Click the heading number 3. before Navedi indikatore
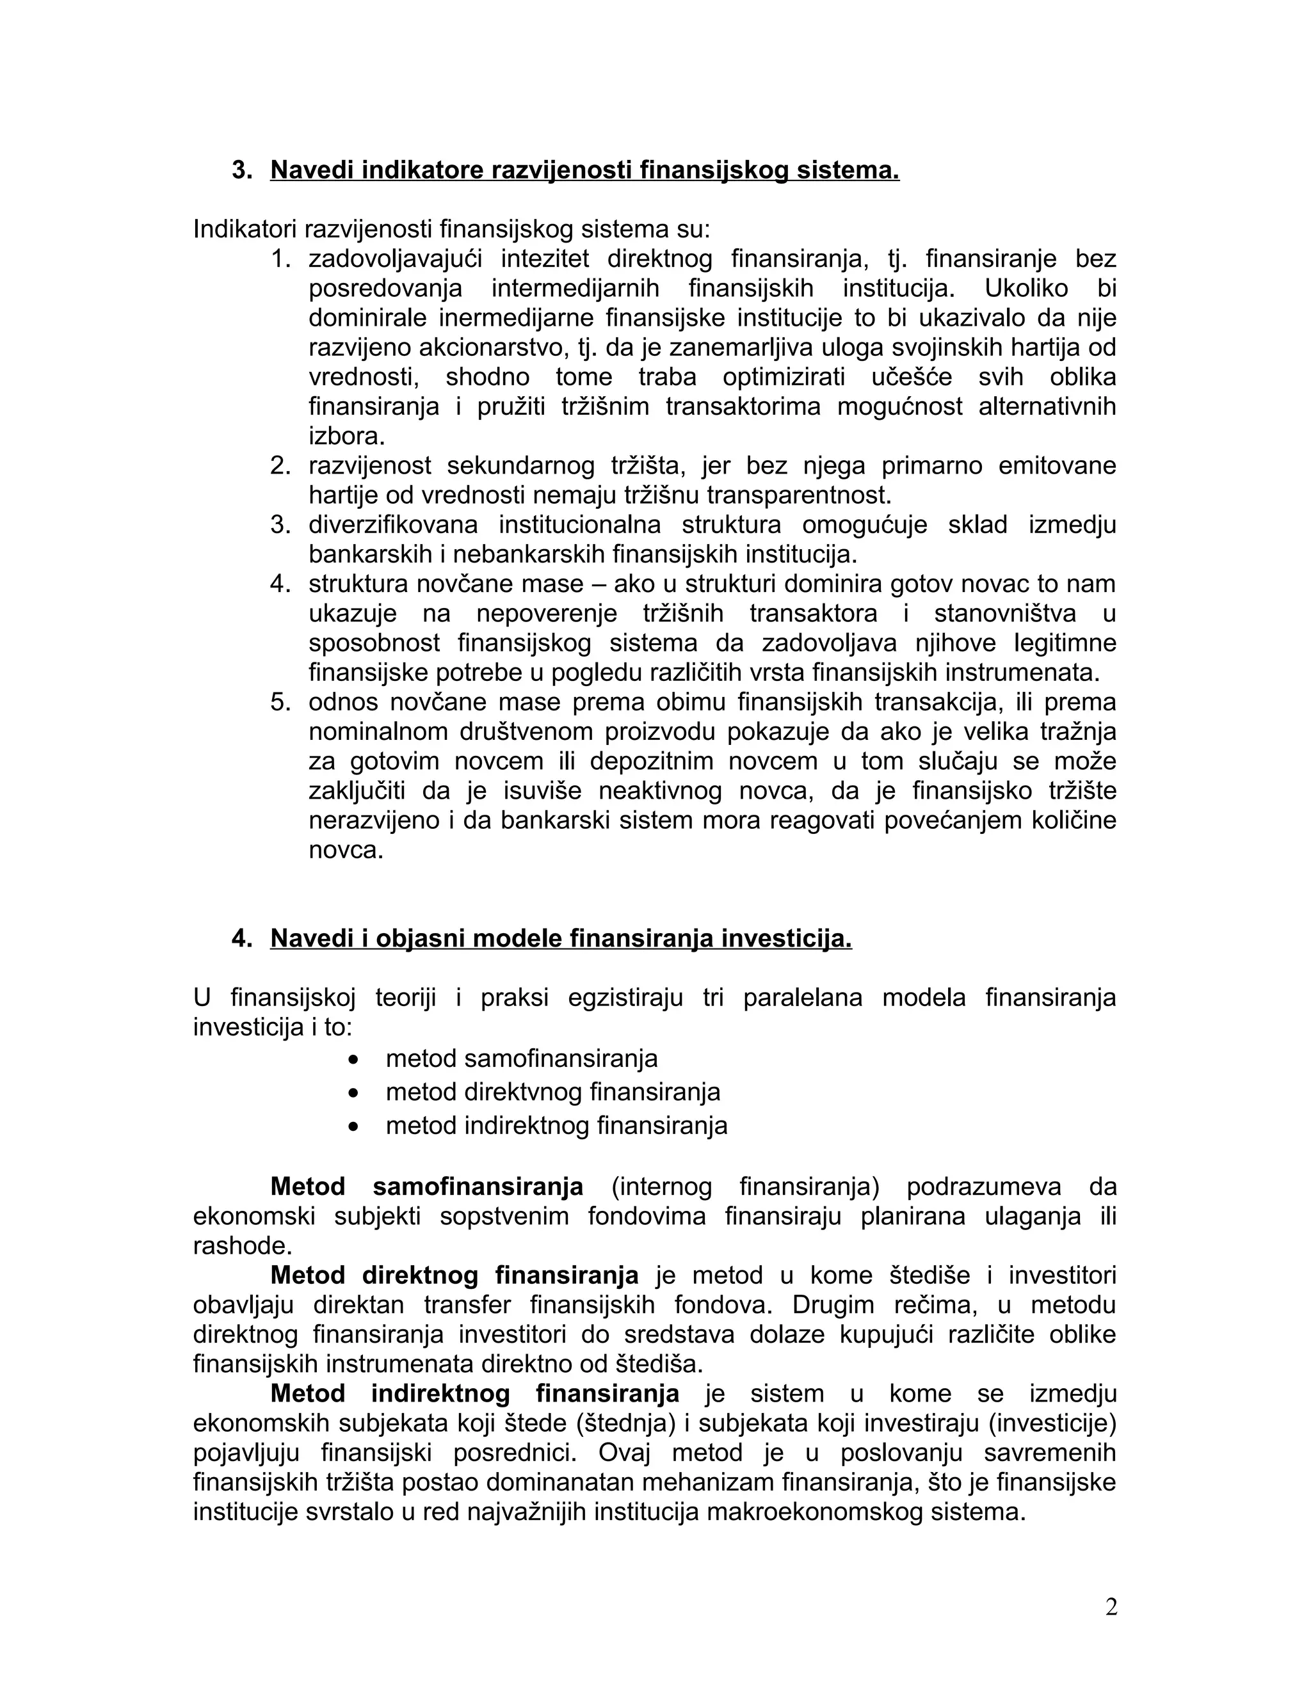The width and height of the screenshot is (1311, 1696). coord(241,170)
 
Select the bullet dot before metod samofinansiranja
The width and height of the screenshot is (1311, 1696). coord(354,1059)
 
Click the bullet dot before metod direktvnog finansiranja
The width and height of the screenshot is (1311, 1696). coord(354,1092)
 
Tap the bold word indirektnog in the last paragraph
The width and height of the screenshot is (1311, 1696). coord(440,1393)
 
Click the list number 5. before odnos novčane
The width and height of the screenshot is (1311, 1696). coord(280,703)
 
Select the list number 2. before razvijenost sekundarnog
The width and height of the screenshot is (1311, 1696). coord(280,466)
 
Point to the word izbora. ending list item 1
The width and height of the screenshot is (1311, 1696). coord(346,436)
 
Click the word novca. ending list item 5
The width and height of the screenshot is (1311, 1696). coord(346,851)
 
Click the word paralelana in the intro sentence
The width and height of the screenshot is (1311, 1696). coord(802,998)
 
